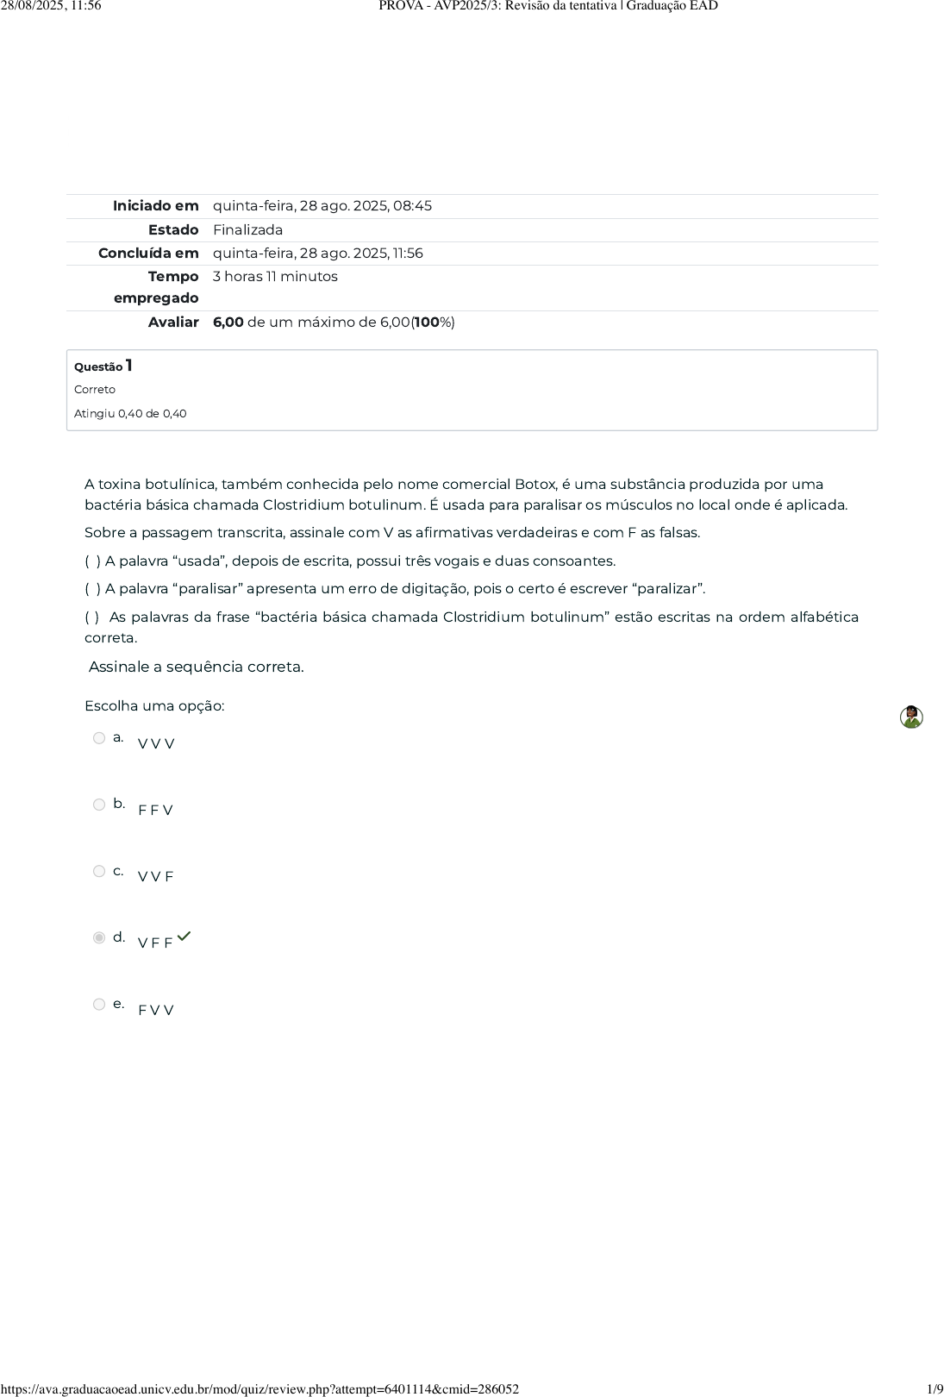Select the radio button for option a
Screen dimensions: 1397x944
[x=99, y=738]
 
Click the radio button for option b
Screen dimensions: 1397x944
[x=99, y=805]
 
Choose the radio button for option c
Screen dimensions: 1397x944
[x=99, y=871]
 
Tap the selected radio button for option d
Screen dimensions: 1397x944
[x=99, y=937]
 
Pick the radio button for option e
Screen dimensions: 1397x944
[x=99, y=1004]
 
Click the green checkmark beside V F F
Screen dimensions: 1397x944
[x=184, y=937]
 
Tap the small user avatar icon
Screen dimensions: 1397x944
[x=911, y=717]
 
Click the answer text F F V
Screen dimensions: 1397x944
[x=155, y=810]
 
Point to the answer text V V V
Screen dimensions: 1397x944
[x=156, y=743]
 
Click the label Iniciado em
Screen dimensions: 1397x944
[x=155, y=206]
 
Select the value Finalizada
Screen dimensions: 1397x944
[x=247, y=230]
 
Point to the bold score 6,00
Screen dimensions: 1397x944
[x=228, y=323]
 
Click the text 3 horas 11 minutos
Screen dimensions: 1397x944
[x=275, y=277]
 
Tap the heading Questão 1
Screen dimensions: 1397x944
[x=103, y=366]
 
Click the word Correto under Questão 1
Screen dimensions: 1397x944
[x=95, y=390]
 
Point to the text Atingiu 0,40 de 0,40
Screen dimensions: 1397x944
[x=130, y=414]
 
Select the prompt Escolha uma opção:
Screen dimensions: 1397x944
[x=154, y=706]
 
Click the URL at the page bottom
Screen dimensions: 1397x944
[x=259, y=1389]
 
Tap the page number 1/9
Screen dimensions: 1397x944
[x=934, y=1389]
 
